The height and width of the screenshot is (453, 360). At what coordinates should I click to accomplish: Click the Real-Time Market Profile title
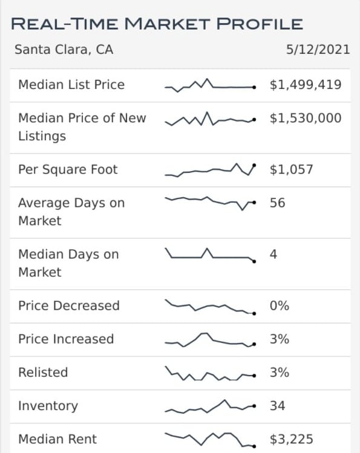157,24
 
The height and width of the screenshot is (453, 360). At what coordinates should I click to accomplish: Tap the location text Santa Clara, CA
64,50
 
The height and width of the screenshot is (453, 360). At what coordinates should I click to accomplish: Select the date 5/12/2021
318,50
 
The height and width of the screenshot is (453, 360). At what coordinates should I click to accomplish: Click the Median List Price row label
71,85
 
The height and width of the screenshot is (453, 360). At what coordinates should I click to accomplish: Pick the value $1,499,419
306,85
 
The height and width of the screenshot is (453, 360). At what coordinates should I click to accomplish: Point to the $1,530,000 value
306,118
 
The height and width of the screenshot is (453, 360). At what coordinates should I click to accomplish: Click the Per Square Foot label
68,169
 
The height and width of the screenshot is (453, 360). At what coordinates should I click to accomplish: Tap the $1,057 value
292,169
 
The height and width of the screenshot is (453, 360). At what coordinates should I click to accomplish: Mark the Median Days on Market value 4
273,254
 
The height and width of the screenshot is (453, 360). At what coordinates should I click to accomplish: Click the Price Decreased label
69,305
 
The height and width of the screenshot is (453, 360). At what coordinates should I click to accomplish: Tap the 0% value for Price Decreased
280,305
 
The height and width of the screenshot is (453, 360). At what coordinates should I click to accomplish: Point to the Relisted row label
43,372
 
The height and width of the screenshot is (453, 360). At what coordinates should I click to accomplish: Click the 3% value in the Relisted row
280,372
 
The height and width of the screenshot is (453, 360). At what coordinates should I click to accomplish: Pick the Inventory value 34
277,405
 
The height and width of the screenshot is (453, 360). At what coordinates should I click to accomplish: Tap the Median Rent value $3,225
292,439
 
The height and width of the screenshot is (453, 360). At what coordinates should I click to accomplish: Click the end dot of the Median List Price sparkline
254,87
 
